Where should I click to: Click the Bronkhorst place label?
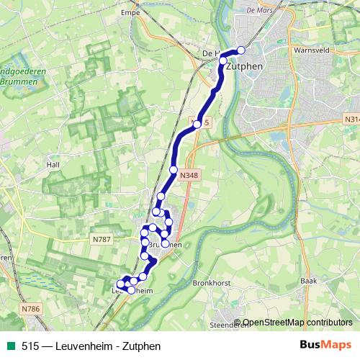pos(212,284)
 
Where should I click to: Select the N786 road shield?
pos(30,309)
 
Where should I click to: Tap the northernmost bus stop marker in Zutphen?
pos(240,50)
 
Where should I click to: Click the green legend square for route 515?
pos(11,346)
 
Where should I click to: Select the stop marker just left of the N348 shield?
pos(173,169)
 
